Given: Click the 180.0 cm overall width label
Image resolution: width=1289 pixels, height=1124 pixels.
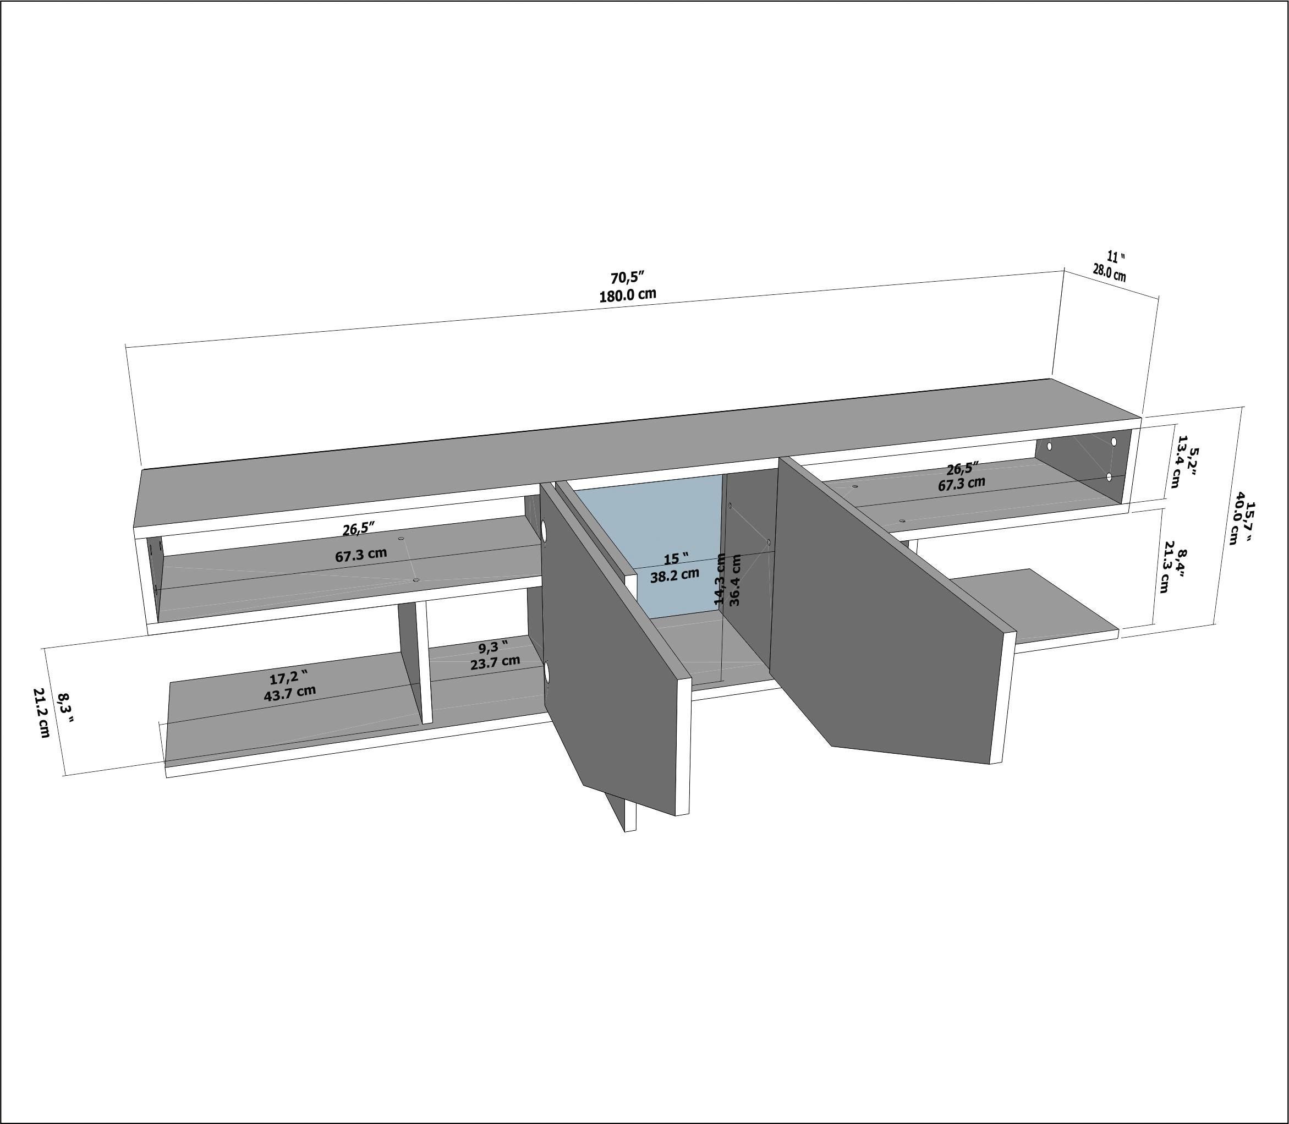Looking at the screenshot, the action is [628, 295].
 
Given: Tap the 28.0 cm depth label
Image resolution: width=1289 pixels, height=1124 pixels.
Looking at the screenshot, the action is [1110, 273].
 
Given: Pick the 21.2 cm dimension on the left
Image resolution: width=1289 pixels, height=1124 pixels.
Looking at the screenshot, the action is [43, 712].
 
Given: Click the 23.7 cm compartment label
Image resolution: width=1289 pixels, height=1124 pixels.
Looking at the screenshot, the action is [496, 662].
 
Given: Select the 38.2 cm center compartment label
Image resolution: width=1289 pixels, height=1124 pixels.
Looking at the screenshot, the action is [674, 574].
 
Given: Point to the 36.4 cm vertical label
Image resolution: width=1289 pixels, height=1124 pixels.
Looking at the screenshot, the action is [736, 579].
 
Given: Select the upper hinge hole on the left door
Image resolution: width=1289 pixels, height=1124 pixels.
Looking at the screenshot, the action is [544, 531].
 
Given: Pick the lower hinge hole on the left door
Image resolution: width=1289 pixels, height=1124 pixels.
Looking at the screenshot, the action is [546, 673].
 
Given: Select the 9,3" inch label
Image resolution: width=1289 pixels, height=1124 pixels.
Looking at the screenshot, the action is [492, 646].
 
